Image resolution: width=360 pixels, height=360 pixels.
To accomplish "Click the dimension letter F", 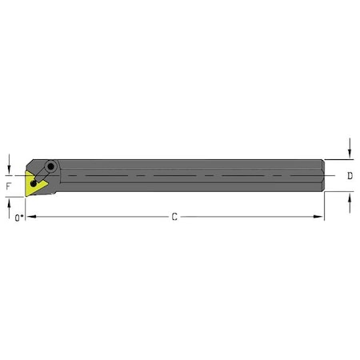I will point(9,186).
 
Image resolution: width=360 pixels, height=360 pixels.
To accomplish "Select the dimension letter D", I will point(350,175).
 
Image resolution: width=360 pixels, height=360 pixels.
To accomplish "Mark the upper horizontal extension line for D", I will point(339,158).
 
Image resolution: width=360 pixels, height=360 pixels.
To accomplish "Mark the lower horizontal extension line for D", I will point(339,192).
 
